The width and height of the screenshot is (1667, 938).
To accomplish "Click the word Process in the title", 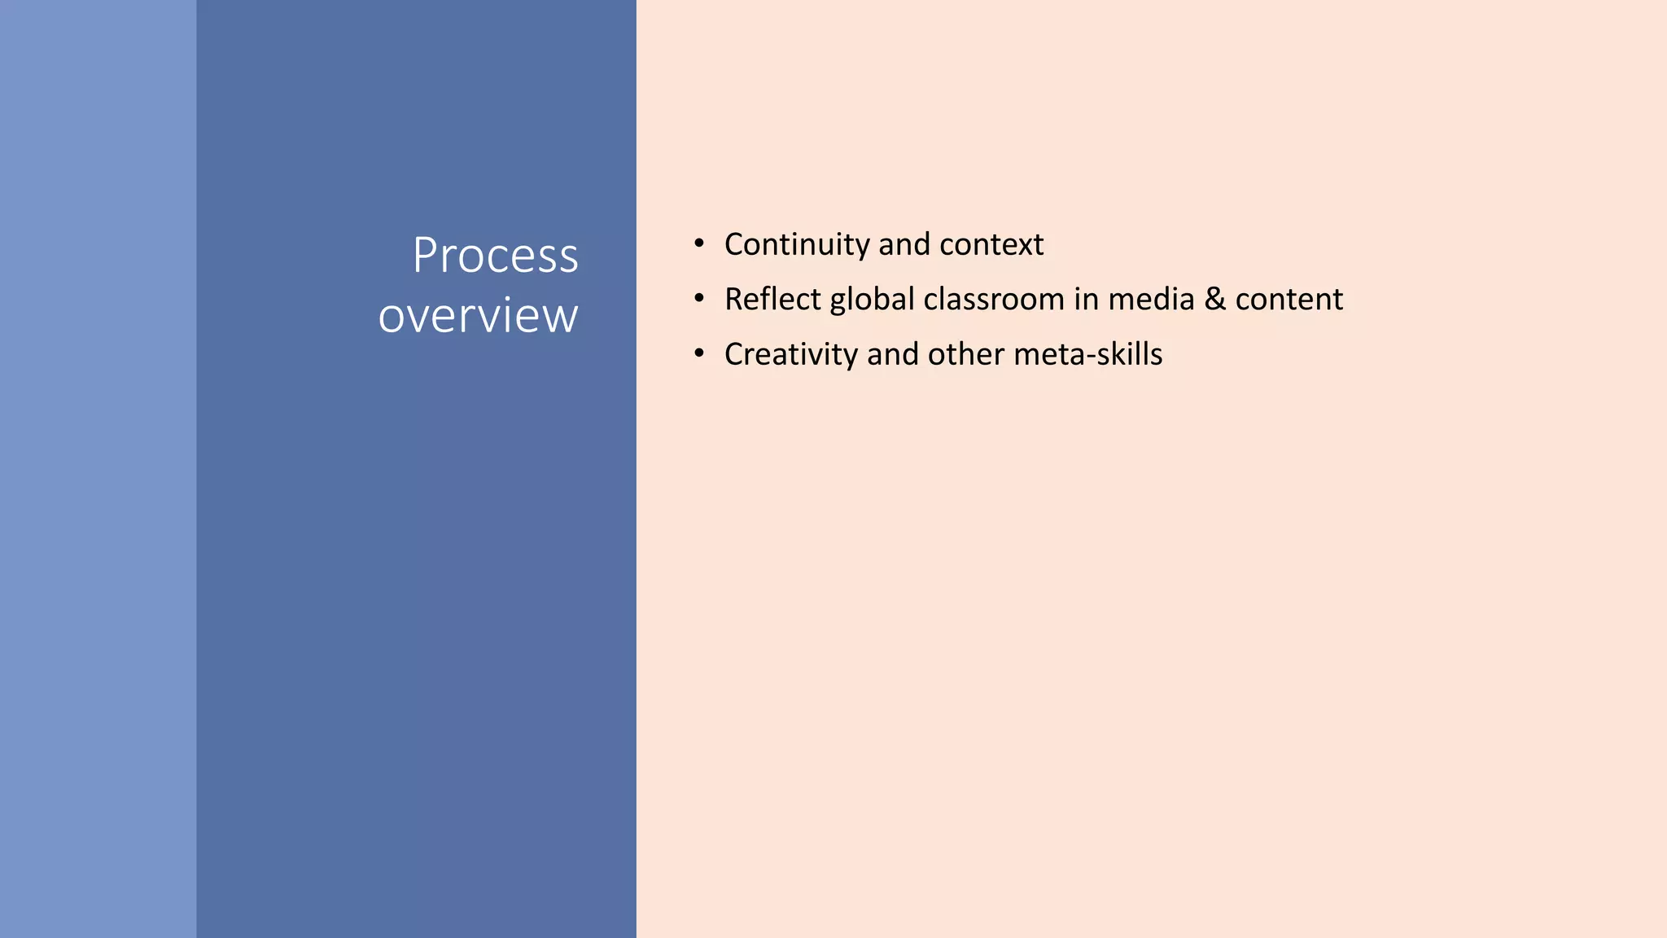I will coord(495,256).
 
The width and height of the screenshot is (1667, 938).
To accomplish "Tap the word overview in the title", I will coord(478,316).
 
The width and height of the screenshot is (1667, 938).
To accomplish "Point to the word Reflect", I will coord(772,300).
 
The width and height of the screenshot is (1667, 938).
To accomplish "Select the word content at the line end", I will coord(1289,300).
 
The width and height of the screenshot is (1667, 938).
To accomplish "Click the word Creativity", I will coord(790,355).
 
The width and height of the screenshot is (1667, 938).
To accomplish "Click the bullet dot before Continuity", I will coord(698,243).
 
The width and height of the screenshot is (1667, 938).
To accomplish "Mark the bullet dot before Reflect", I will coord(698,299).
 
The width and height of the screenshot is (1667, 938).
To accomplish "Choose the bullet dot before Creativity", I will coord(698,353).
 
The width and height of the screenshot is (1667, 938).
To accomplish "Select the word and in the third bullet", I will coord(892,355).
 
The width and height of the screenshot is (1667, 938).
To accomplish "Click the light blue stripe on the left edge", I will coord(98,469).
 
